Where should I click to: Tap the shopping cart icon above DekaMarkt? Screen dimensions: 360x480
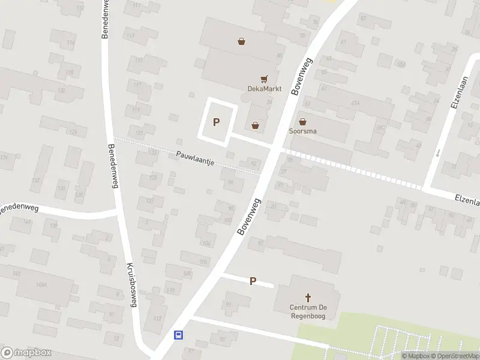coord(263,79)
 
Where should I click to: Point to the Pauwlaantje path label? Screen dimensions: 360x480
coord(196,158)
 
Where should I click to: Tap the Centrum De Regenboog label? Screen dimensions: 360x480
coord(307,312)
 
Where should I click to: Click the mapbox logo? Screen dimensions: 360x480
coord(26,352)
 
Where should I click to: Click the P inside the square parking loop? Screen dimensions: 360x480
coord(216,122)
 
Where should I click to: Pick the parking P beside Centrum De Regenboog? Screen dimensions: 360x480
coord(253,281)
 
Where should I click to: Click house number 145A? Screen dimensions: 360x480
coord(41,284)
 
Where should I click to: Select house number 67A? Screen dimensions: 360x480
coord(355,103)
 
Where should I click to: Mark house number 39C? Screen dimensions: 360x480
coord(380,128)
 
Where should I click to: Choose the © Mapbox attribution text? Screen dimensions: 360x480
coord(415,356)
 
